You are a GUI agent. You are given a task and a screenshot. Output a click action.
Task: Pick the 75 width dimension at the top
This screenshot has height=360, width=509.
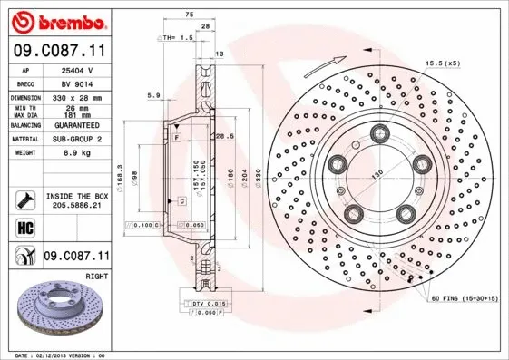(189, 15)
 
